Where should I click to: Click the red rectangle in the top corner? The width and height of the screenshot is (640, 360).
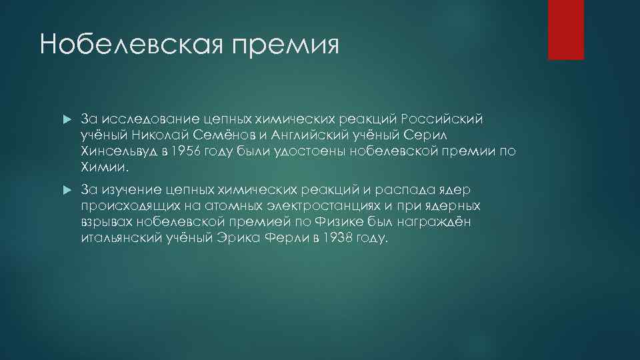click(x=565, y=30)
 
